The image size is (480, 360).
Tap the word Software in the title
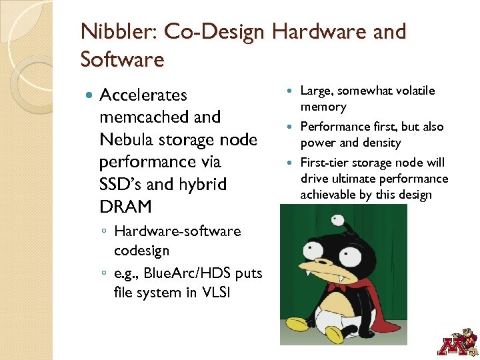tap(122, 59)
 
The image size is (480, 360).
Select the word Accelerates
tap(143, 95)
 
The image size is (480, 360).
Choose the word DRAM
tap(125, 207)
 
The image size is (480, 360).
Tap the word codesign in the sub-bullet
tap(142, 251)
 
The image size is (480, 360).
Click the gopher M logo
tap(457, 339)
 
